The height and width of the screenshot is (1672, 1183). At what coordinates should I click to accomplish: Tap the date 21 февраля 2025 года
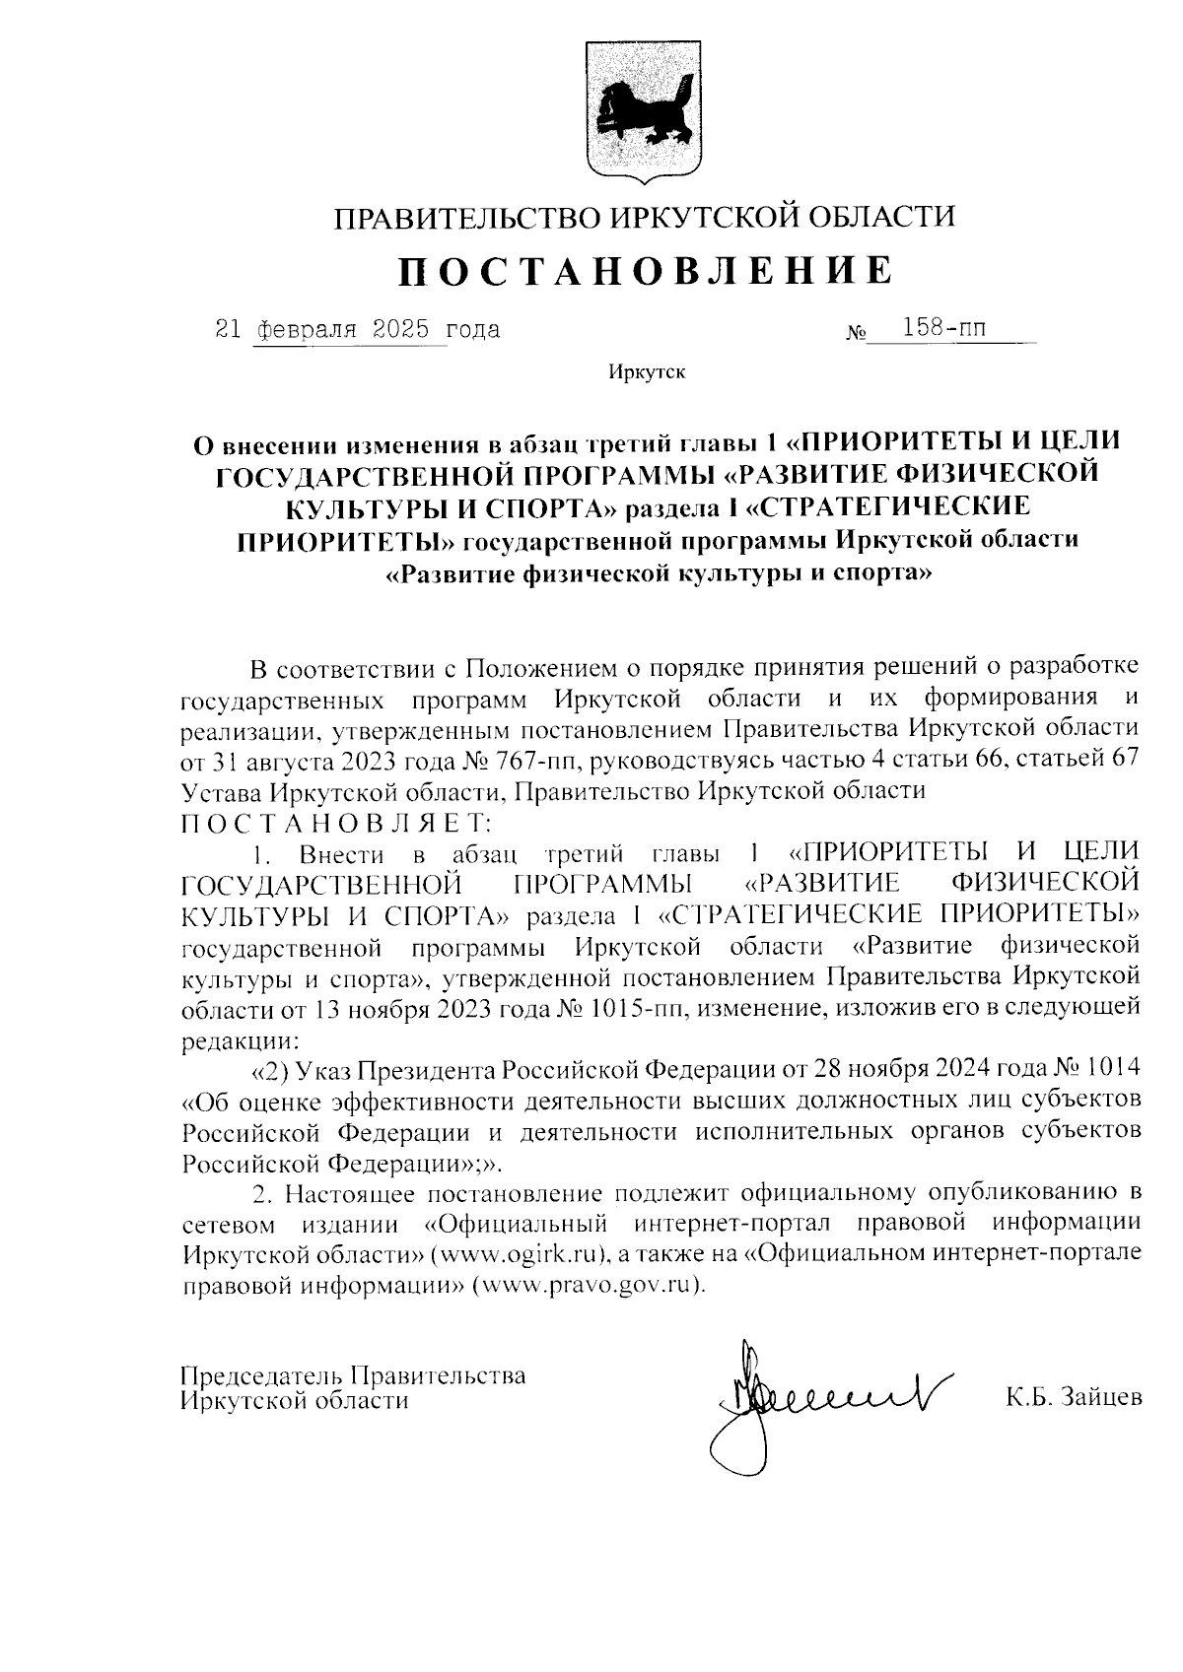357,329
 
